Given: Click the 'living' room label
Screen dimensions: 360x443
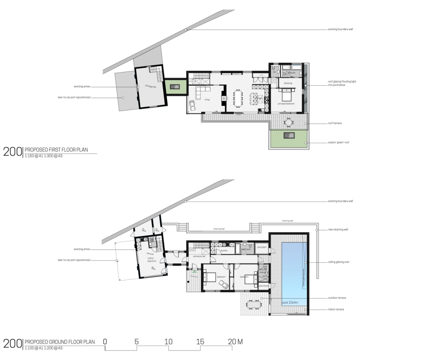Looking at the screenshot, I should click(207, 100).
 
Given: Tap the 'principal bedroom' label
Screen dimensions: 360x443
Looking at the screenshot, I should click(286, 104).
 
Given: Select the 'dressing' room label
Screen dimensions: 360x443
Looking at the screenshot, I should click(288, 83).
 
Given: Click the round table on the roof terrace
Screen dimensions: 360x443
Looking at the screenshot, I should click(289, 122).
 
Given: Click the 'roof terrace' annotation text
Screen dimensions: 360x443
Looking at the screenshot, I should click(335, 123).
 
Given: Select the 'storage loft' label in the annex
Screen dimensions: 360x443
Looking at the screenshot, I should click(150, 85).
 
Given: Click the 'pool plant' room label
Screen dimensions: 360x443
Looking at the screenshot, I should click(262, 247).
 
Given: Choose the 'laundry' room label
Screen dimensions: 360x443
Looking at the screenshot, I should click(224, 251).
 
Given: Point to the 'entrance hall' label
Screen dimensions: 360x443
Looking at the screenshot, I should click(199, 257).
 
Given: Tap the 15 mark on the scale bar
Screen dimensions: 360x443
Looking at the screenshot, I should click(200, 342).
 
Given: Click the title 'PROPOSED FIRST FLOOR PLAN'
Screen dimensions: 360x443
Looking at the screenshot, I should click(56, 150).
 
